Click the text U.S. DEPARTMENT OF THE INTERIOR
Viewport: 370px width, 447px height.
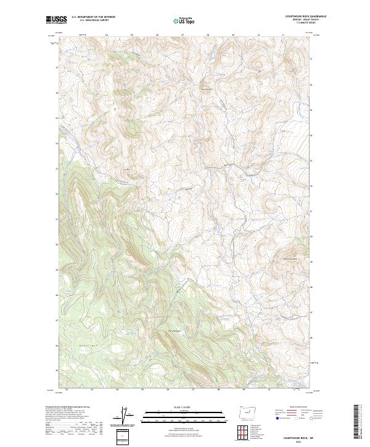coord(93,17)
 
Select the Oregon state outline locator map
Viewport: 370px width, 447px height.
coord(242,412)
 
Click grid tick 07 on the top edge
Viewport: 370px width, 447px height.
coord(183,35)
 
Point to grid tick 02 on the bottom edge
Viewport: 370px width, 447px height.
coord(65,390)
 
